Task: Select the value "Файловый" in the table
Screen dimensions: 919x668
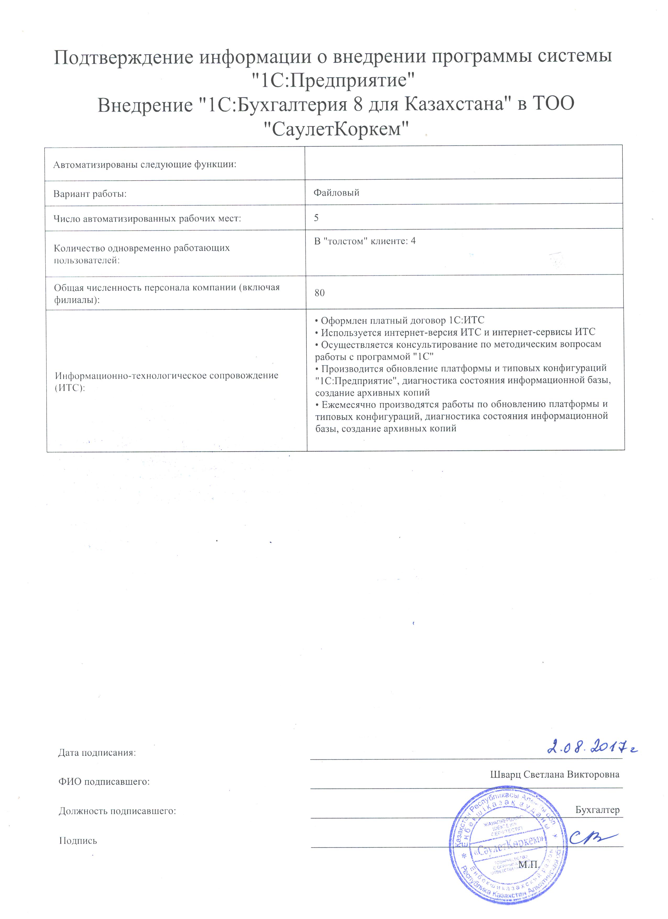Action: point(336,193)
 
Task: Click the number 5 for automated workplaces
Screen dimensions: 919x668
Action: point(316,218)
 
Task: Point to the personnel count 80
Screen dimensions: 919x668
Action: point(319,293)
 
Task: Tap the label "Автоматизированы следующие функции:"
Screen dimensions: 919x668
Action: point(145,165)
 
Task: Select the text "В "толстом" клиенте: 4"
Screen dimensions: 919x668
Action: point(365,241)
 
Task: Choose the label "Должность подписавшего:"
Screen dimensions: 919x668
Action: point(117,811)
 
